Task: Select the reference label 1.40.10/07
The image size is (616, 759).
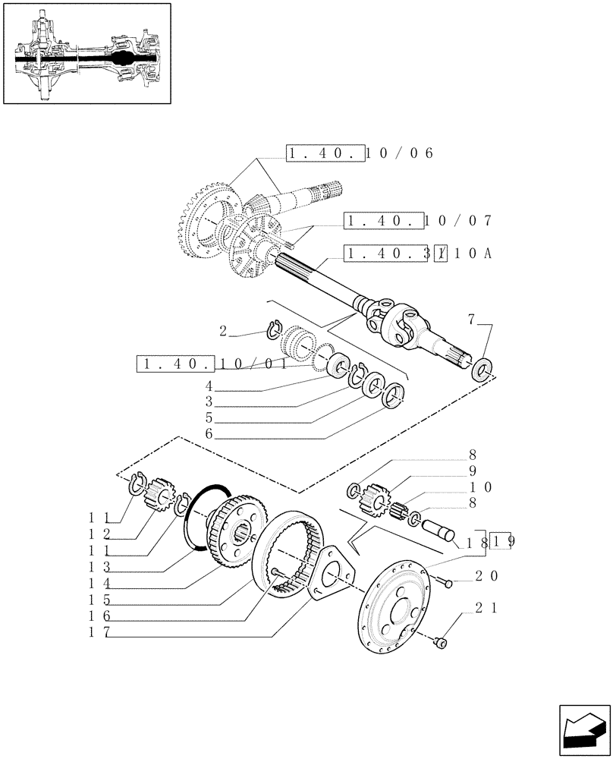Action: pyautogui.click(x=418, y=221)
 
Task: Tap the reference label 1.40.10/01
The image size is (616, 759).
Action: pyautogui.click(x=212, y=365)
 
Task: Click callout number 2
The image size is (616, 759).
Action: pyautogui.click(x=223, y=330)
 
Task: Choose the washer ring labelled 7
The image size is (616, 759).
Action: pyautogui.click(x=481, y=372)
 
